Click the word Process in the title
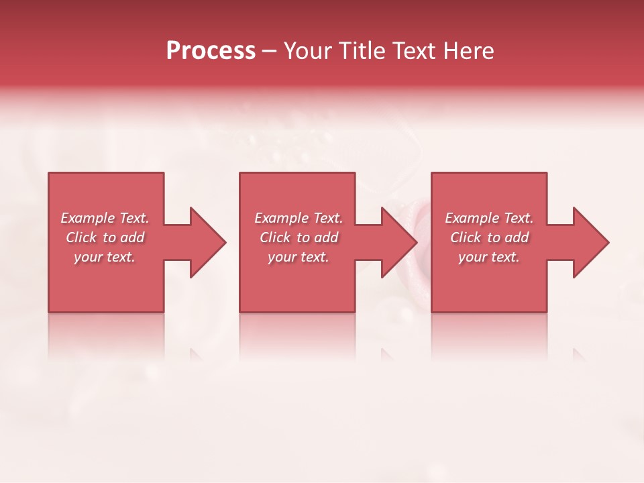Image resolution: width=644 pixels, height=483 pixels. (211, 51)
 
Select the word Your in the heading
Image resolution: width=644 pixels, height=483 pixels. (309, 51)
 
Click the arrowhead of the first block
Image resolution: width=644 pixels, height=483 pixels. (205, 242)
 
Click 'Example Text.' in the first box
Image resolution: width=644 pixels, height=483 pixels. (105, 218)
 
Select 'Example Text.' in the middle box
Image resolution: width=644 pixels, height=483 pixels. (299, 218)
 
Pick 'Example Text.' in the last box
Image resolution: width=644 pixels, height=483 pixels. (489, 218)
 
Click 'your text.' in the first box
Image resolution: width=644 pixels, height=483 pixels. (105, 257)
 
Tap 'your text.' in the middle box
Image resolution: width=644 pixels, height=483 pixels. (299, 257)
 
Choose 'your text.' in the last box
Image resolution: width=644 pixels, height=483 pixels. (489, 257)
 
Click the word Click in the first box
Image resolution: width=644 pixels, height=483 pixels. (80, 237)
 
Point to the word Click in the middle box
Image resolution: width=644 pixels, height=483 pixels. (274, 237)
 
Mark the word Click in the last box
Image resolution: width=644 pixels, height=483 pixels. (466, 237)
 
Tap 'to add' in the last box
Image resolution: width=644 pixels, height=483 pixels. (512, 237)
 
